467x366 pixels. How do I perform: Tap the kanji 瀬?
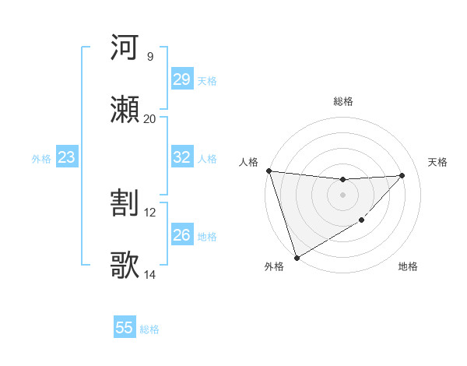click(125, 109)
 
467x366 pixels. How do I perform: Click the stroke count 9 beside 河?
click(149, 56)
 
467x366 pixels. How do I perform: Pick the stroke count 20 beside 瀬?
click(149, 118)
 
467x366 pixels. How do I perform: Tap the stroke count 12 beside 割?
click(149, 212)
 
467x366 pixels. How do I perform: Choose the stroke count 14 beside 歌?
click(149, 274)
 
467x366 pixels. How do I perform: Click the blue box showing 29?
click(181, 79)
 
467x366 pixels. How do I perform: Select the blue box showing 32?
click(181, 157)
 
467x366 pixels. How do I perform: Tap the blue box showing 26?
click(181, 235)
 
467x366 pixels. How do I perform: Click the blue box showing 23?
click(66, 158)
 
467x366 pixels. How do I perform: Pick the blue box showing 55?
click(125, 328)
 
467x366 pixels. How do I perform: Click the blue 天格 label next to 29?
click(207, 80)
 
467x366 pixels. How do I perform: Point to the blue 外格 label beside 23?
click(41, 159)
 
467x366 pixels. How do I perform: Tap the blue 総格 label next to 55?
click(150, 329)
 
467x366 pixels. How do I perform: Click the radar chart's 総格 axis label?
click(342, 101)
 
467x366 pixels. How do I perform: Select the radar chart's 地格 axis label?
click(408, 266)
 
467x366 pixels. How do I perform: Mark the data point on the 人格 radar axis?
click(269, 171)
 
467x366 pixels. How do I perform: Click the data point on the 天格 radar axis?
click(402, 175)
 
